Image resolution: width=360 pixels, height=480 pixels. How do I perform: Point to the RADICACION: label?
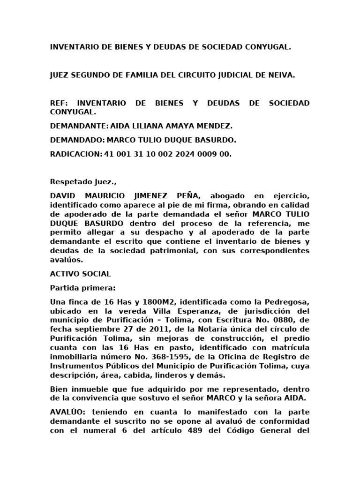click(x=75, y=154)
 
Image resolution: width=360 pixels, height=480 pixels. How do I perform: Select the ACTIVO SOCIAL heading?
click(x=80, y=273)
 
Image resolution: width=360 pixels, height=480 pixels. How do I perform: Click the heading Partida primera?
click(x=82, y=287)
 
